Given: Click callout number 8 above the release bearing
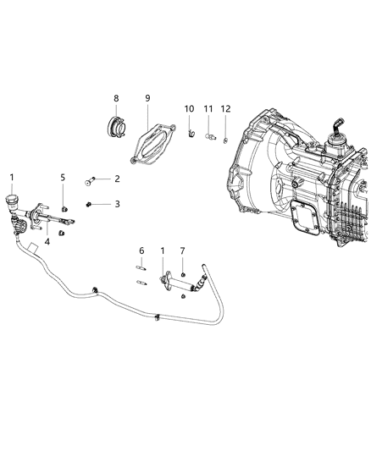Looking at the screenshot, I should pos(117,98).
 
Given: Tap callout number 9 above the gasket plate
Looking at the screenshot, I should pos(147,98).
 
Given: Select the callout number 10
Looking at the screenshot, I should pos(189,109).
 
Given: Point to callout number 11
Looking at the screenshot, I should pos(208,109).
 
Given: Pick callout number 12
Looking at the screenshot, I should pos(225,109).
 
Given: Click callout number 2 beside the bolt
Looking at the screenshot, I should pos(117,179).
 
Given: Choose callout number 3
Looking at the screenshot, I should pos(117,204).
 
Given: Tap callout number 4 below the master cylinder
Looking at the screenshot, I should pos(47,242).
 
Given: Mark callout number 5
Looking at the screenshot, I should pos(63,177).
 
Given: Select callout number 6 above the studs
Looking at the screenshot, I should pos(141,250).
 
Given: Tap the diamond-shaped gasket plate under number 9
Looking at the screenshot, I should pos(151,141).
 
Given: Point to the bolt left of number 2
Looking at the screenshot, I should pos(91,179).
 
